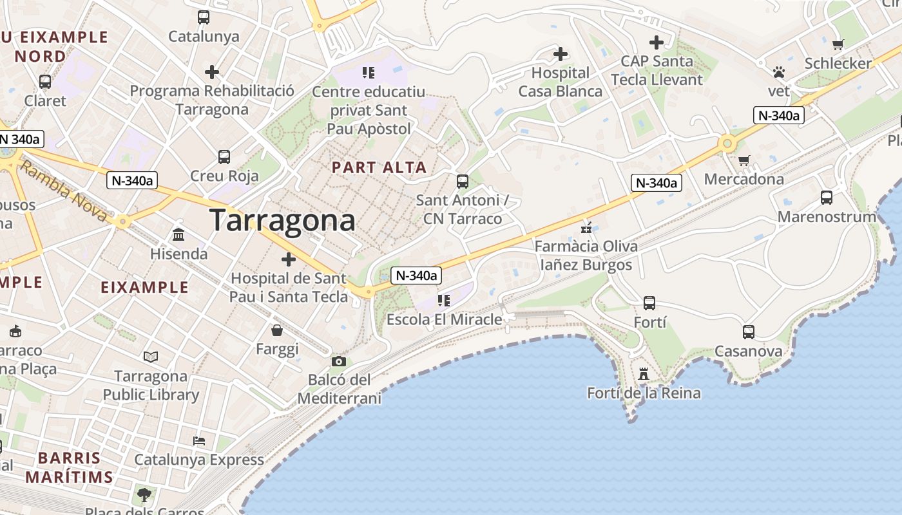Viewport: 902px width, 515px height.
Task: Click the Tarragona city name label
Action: point(282,220)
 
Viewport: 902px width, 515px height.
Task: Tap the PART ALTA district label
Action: point(379,167)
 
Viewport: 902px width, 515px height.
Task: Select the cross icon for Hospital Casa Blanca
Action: point(561,54)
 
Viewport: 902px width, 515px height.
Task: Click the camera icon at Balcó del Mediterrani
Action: point(339,361)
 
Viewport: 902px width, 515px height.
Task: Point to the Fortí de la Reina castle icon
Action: point(643,373)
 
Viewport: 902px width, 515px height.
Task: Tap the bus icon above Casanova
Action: point(748,332)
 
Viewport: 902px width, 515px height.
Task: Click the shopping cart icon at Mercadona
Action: point(744,160)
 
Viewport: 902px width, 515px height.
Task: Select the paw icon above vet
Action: point(779,72)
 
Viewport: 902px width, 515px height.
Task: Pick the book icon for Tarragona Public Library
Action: point(151,357)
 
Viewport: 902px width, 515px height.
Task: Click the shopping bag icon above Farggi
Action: point(277,330)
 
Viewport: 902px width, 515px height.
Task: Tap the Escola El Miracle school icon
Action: point(444,300)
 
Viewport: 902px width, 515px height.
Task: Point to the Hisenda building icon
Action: point(178,235)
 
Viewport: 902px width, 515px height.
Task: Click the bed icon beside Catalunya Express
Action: point(199,441)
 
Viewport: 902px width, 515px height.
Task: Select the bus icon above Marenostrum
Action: point(827,198)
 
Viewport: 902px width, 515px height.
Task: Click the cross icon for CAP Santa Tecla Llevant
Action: point(657,42)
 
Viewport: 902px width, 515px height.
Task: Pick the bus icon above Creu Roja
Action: point(224,156)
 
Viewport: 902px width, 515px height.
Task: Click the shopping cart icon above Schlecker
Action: point(838,44)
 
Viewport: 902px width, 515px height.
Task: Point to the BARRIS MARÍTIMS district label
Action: point(69,467)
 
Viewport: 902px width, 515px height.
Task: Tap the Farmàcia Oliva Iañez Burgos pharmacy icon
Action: point(586,227)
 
